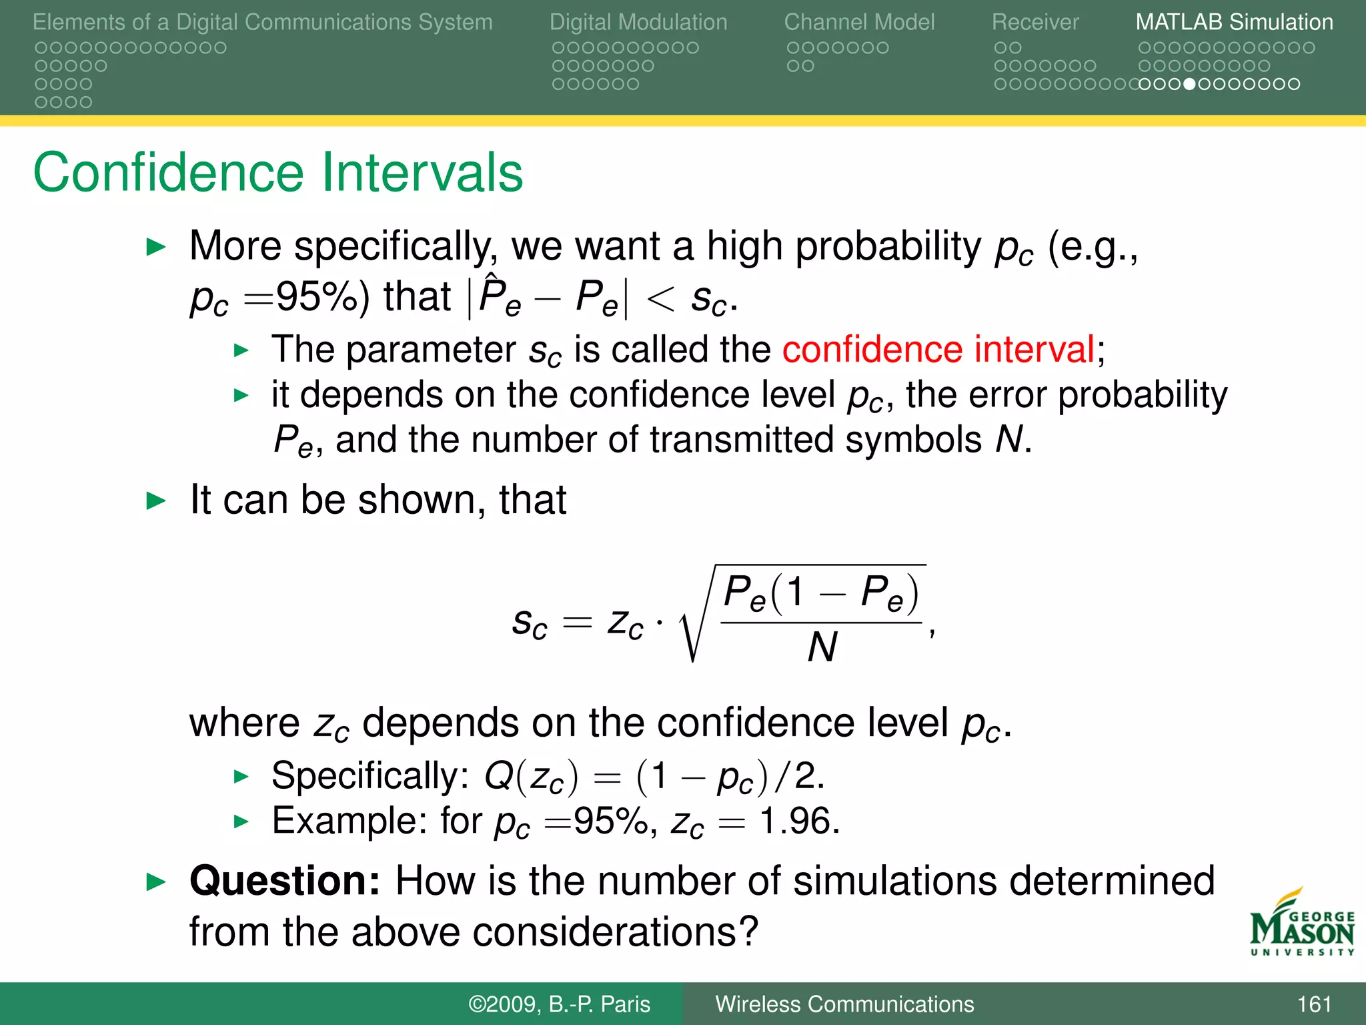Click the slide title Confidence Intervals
coord(277,173)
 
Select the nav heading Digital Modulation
coord(638,22)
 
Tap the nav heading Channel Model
coord(859,22)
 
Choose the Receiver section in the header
coord(1035,22)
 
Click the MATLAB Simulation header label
coord(1234,22)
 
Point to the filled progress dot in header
coord(1189,84)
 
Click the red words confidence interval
coord(938,350)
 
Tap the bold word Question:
coord(285,881)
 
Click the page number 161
coord(1314,1004)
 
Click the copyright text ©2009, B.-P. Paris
coord(559,1004)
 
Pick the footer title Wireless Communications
coord(844,1004)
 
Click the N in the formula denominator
coord(822,647)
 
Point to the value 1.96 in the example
coord(799,821)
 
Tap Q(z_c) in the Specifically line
coord(532,777)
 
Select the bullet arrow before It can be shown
coord(155,500)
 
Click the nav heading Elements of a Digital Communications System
coord(262,22)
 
